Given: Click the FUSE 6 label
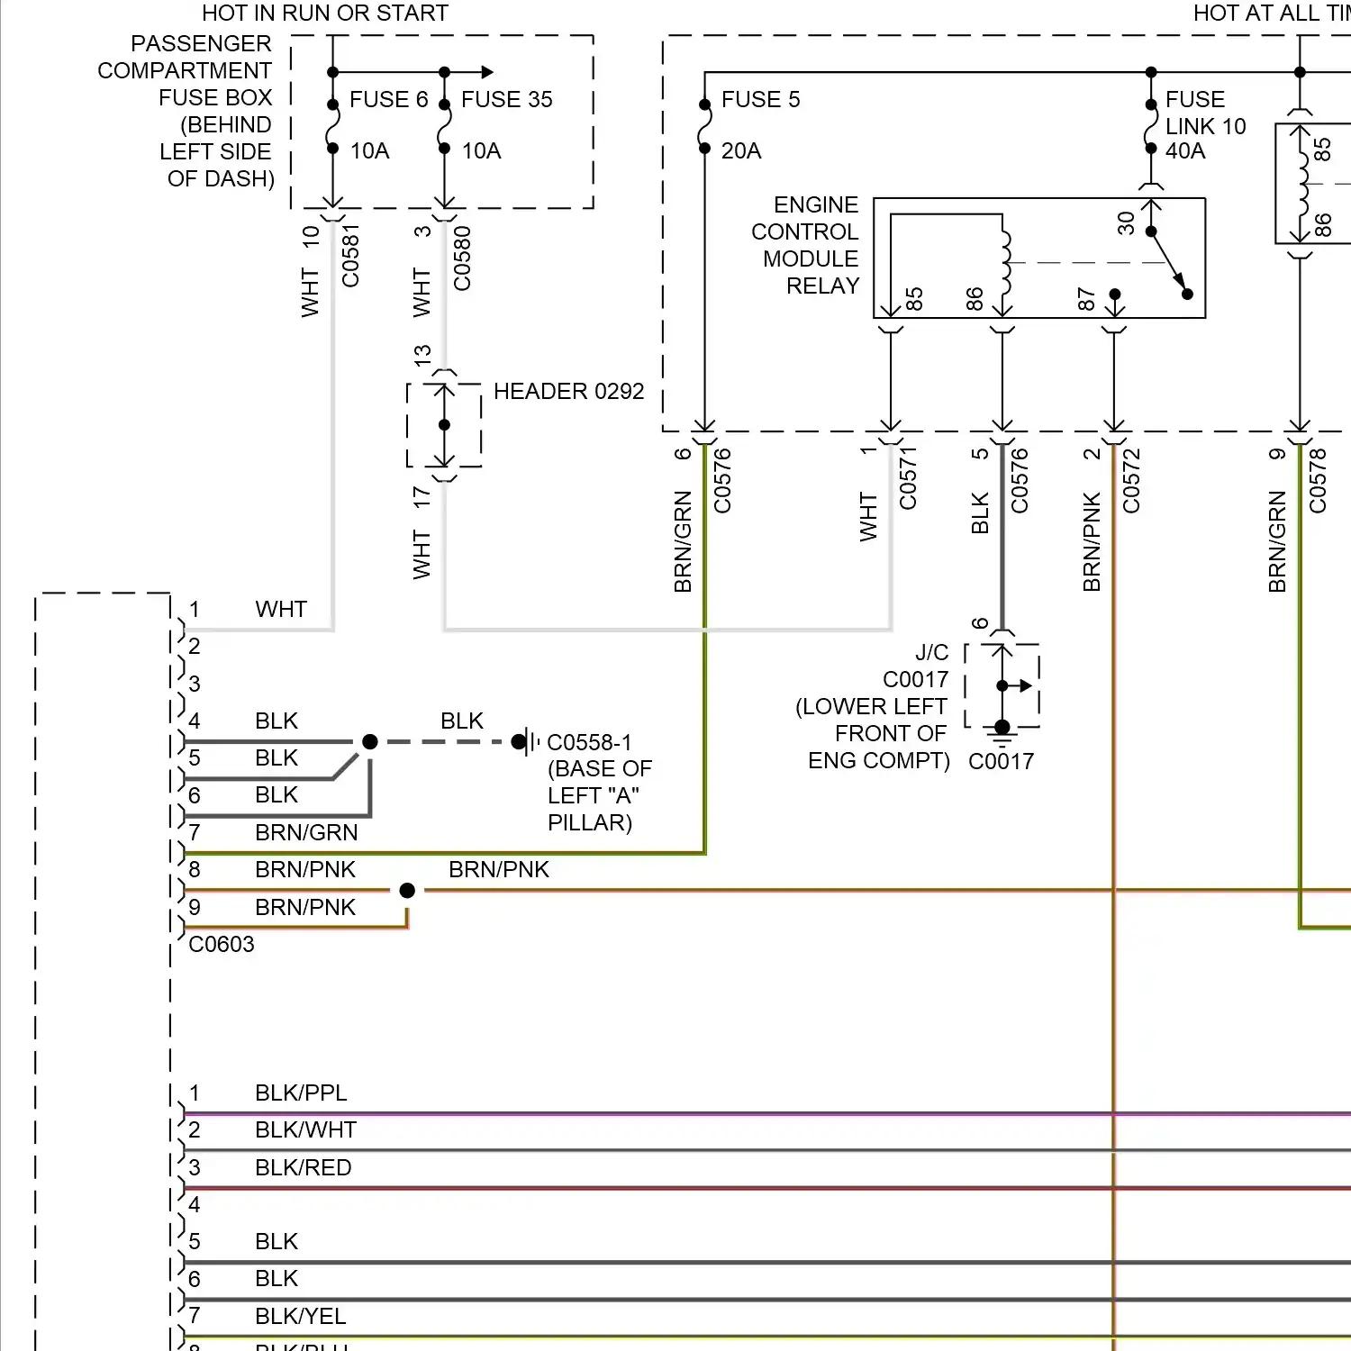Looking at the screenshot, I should tap(388, 99).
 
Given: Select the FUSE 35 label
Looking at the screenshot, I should tap(506, 99).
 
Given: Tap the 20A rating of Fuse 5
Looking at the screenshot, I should tap(741, 150).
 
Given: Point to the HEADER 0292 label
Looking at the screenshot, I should tap(568, 391).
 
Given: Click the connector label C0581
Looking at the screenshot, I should tap(350, 256).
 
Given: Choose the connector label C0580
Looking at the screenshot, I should tap(462, 258).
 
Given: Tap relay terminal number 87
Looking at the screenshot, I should tap(1087, 299).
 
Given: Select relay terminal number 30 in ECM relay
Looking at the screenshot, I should tap(1126, 222).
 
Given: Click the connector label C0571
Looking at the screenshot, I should tap(908, 478).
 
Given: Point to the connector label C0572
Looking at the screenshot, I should tap(1131, 481).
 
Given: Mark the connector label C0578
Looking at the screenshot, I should tap(1318, 481).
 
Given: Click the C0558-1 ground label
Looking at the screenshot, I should tap(589, 742).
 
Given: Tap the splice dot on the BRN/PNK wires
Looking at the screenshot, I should tap(407, 890).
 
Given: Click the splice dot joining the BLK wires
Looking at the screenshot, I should tap(369, 741).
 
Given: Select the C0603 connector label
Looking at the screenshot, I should tap(222, 944).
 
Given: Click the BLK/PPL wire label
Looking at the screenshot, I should tap(301, 1093).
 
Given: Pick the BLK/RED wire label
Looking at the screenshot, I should tap(303, 1167).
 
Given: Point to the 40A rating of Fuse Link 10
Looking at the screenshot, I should tap(1185, 150).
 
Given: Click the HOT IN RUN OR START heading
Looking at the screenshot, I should tap(324, 13).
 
